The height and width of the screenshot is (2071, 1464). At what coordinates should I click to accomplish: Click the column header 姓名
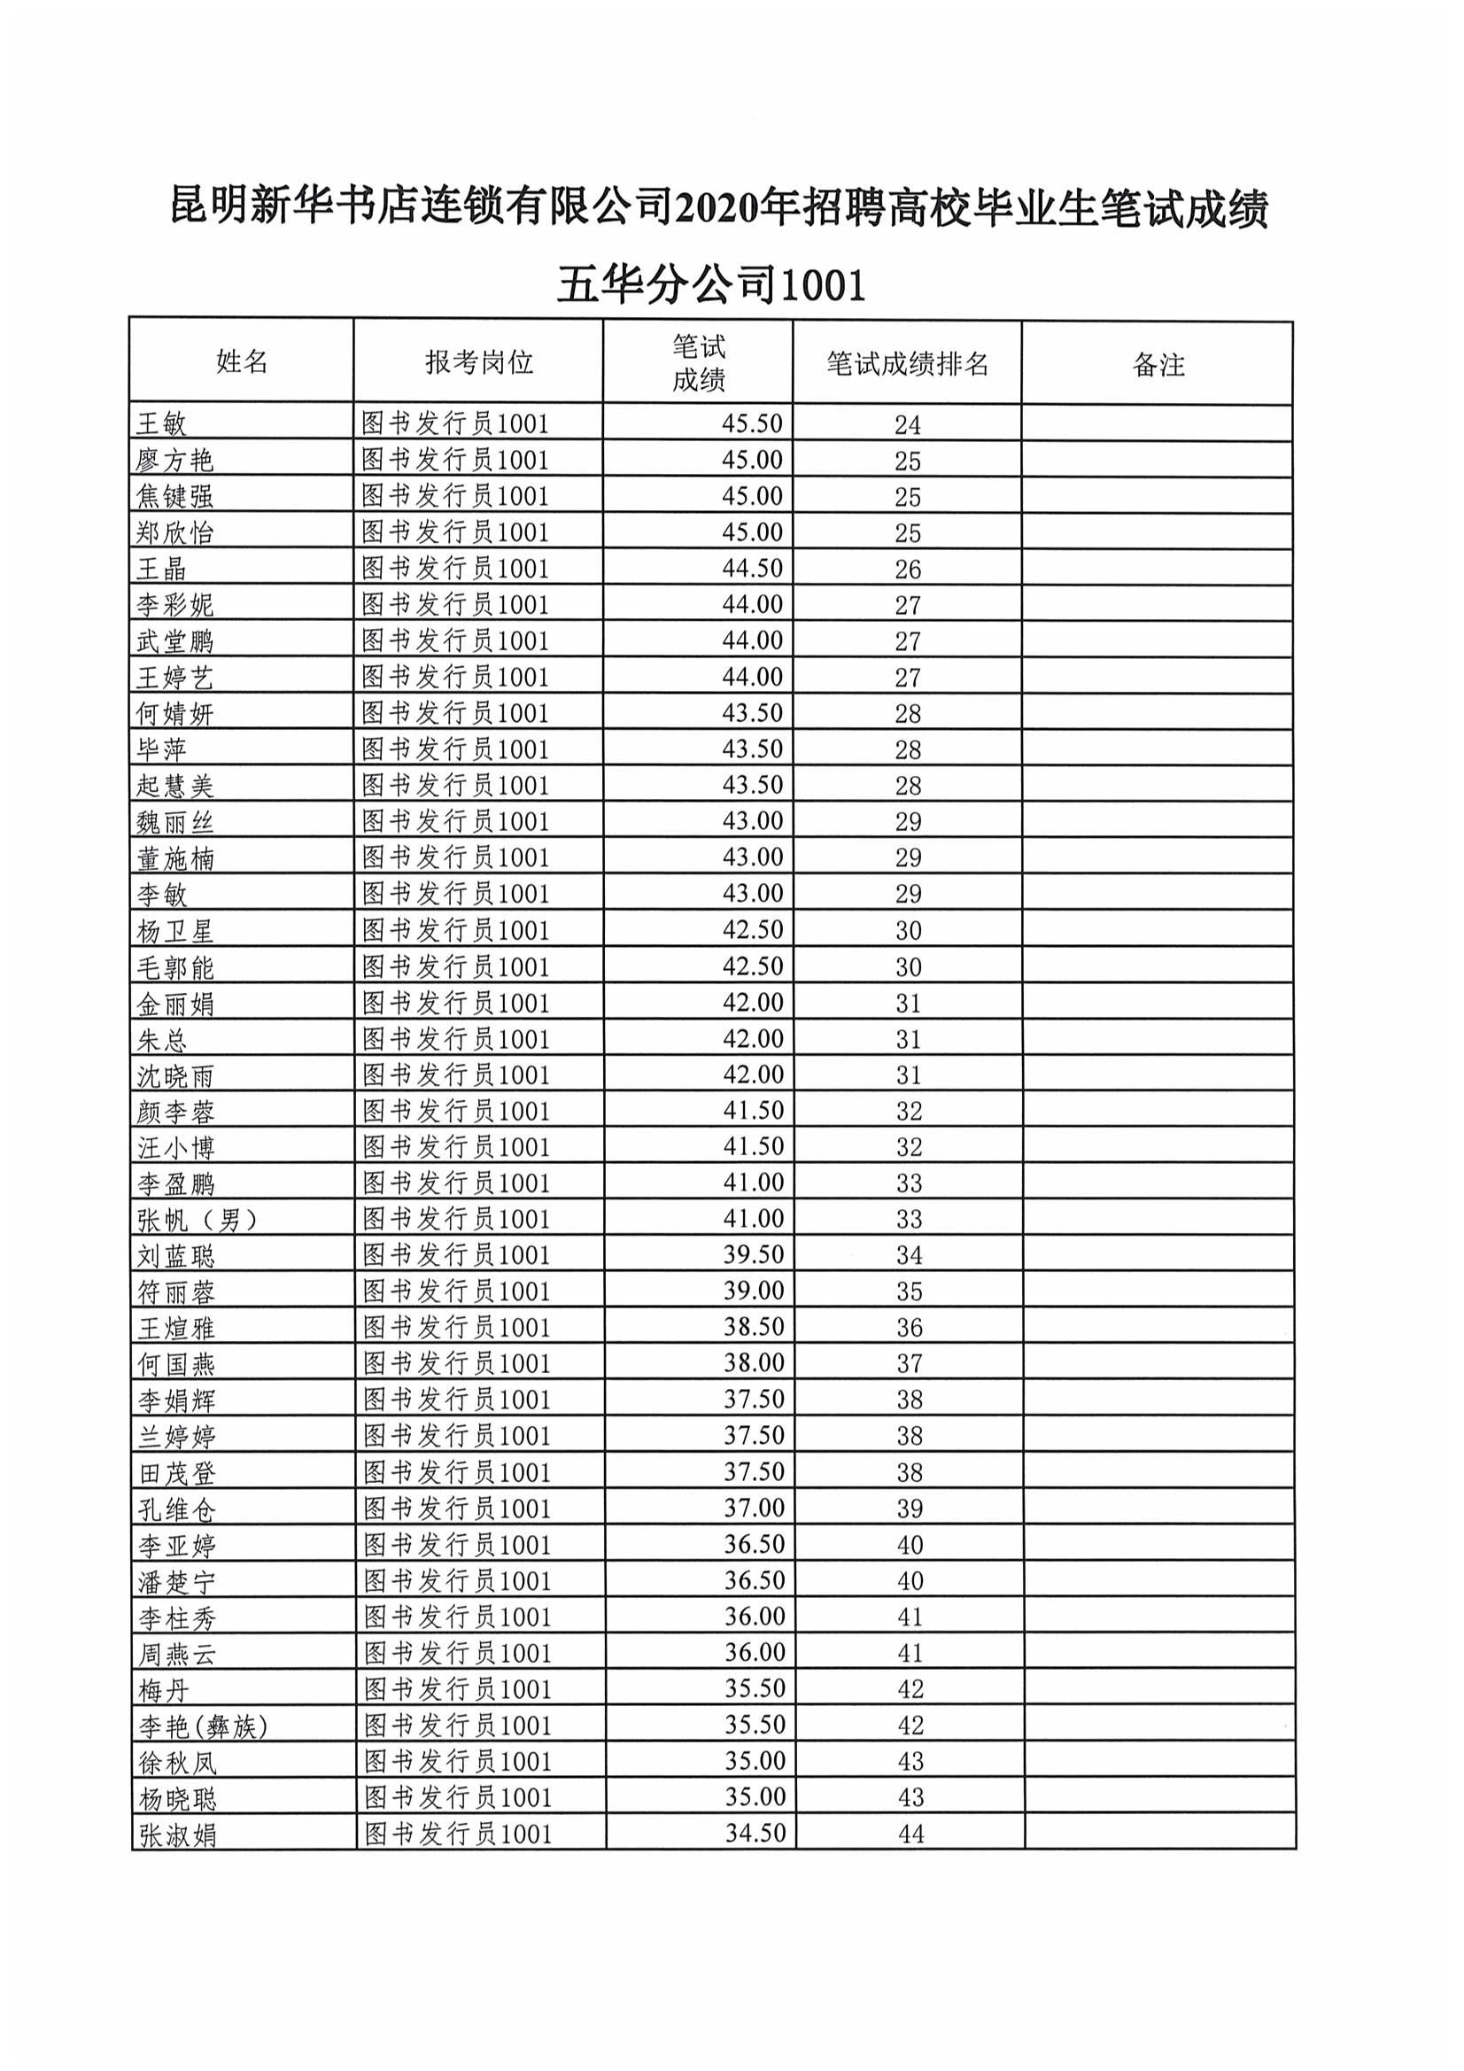click(x=242, y=361)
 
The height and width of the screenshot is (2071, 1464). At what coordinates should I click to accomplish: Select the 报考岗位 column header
click(x=478, y=362)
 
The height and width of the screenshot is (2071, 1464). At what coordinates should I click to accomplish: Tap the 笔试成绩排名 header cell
click(x=908, y=363)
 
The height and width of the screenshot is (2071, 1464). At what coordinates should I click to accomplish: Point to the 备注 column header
click(x=1158, y=365)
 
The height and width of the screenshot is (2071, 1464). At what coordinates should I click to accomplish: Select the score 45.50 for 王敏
click(x=751, y=424)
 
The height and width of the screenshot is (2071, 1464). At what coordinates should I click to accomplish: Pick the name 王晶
click(x=161, y=570)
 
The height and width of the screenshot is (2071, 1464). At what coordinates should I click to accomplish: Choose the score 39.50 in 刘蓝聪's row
click(x=753, y=1254)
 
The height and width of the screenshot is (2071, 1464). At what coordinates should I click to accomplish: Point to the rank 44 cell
click(x=910, y=1834)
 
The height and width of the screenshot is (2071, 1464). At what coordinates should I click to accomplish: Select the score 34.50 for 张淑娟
click(x=755, y=1833)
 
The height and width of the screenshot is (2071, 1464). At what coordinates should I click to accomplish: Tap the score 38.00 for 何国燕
click(x=754, y=1363)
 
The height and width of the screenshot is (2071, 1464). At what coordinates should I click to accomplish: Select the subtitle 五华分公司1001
click(x=711, y=286)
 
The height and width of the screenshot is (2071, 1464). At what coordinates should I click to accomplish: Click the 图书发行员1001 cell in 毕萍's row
click(x=454, y=749)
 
